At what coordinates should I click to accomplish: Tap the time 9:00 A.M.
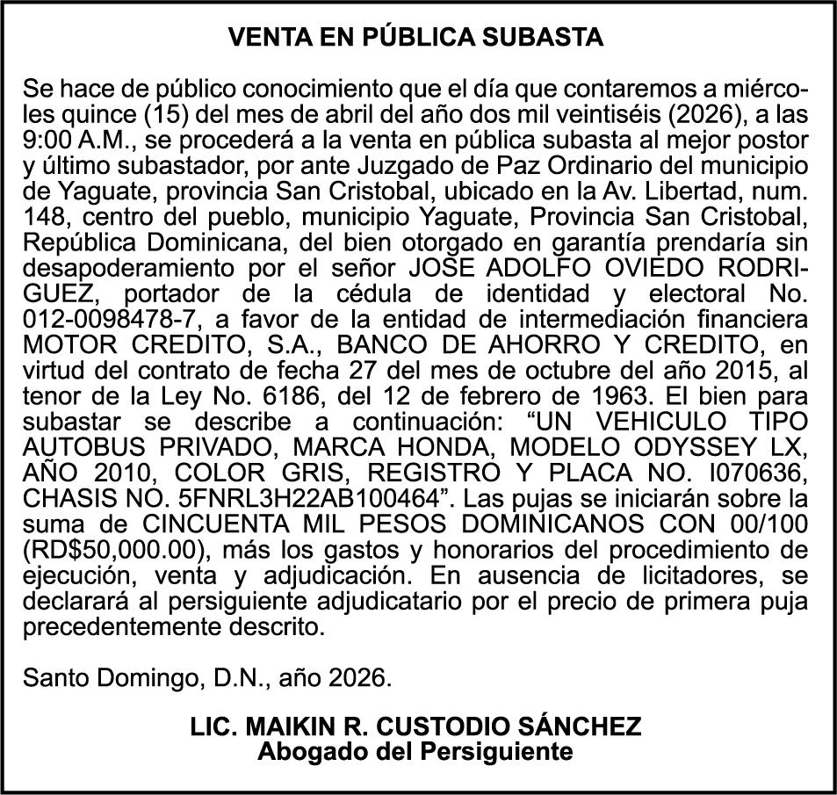(76, 140)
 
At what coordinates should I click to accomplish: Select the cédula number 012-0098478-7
(111, 316)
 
